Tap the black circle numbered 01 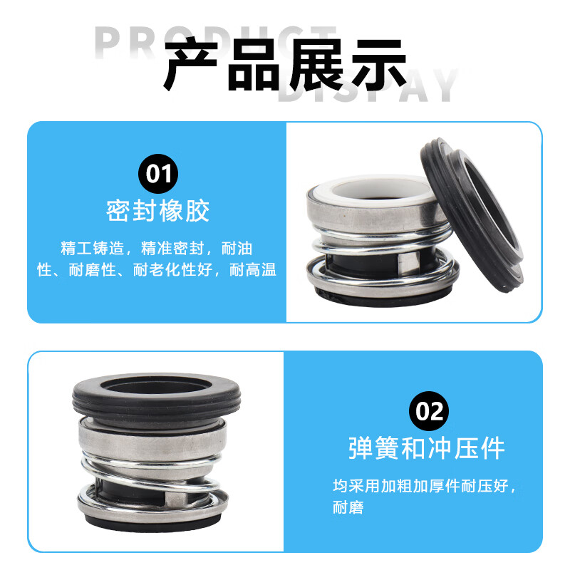pos(157,174)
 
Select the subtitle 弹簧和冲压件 pos(427,448)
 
